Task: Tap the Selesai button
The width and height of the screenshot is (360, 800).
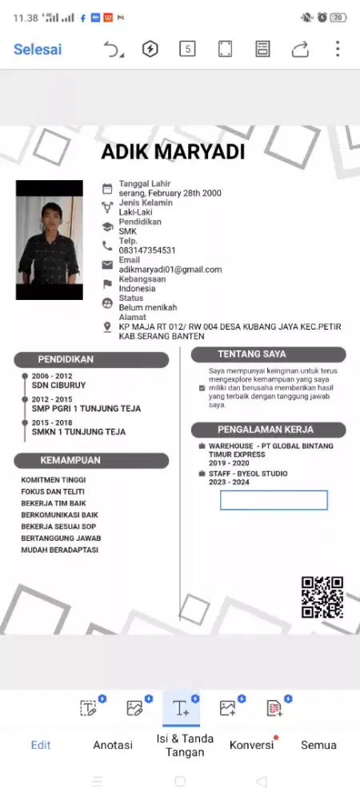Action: point(38,50)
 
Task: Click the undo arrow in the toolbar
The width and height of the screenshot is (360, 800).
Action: point(113,50)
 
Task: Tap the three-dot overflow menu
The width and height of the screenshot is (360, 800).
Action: point(338,49)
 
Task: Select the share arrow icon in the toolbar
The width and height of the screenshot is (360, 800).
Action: point(300,50)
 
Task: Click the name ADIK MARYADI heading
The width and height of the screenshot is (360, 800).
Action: point(173,152)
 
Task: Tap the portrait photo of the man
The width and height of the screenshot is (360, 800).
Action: point(49,240)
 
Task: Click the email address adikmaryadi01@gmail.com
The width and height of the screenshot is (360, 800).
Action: point(170,270)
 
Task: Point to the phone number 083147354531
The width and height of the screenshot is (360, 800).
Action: point(147,251)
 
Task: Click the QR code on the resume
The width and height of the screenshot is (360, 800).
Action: point(322,597)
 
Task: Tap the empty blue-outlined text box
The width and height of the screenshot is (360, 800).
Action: point(274,500)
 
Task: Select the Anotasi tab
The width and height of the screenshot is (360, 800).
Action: point(113,745)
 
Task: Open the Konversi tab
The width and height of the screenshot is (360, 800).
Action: point(252,745)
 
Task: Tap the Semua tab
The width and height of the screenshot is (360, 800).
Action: point(318,745)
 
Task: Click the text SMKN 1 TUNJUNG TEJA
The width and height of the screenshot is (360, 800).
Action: point(78,432)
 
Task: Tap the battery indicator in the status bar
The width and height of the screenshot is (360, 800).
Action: point(338,17)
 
